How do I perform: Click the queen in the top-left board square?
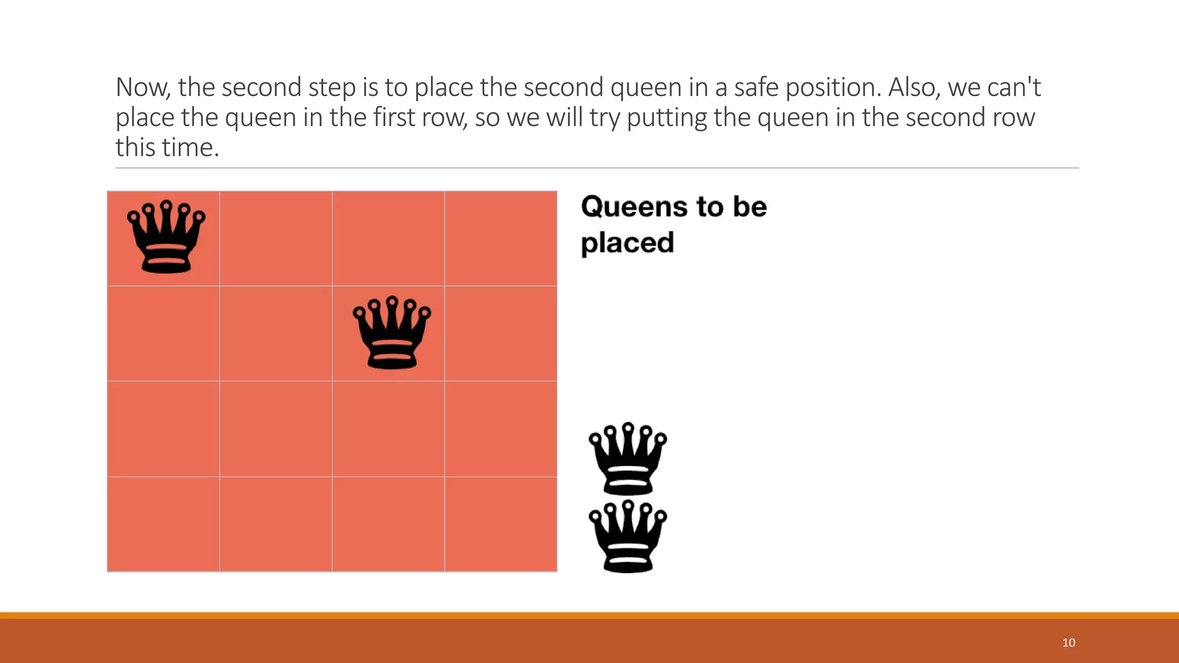click(166, 237)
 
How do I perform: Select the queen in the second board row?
click(391, 333)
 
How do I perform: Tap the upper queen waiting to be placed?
click(627, 459)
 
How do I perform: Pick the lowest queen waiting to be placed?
click(627, 536)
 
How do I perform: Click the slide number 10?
click(1068, 643)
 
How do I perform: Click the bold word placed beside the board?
click(627, 243)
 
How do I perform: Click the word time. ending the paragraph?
click(191, 148)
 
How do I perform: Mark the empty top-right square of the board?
click(501, 238)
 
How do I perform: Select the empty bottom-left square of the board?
click(163, 524)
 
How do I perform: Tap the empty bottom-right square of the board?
click(501, 524)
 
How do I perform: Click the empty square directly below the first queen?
click(163, 334)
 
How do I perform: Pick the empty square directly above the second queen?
click(389, 238)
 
